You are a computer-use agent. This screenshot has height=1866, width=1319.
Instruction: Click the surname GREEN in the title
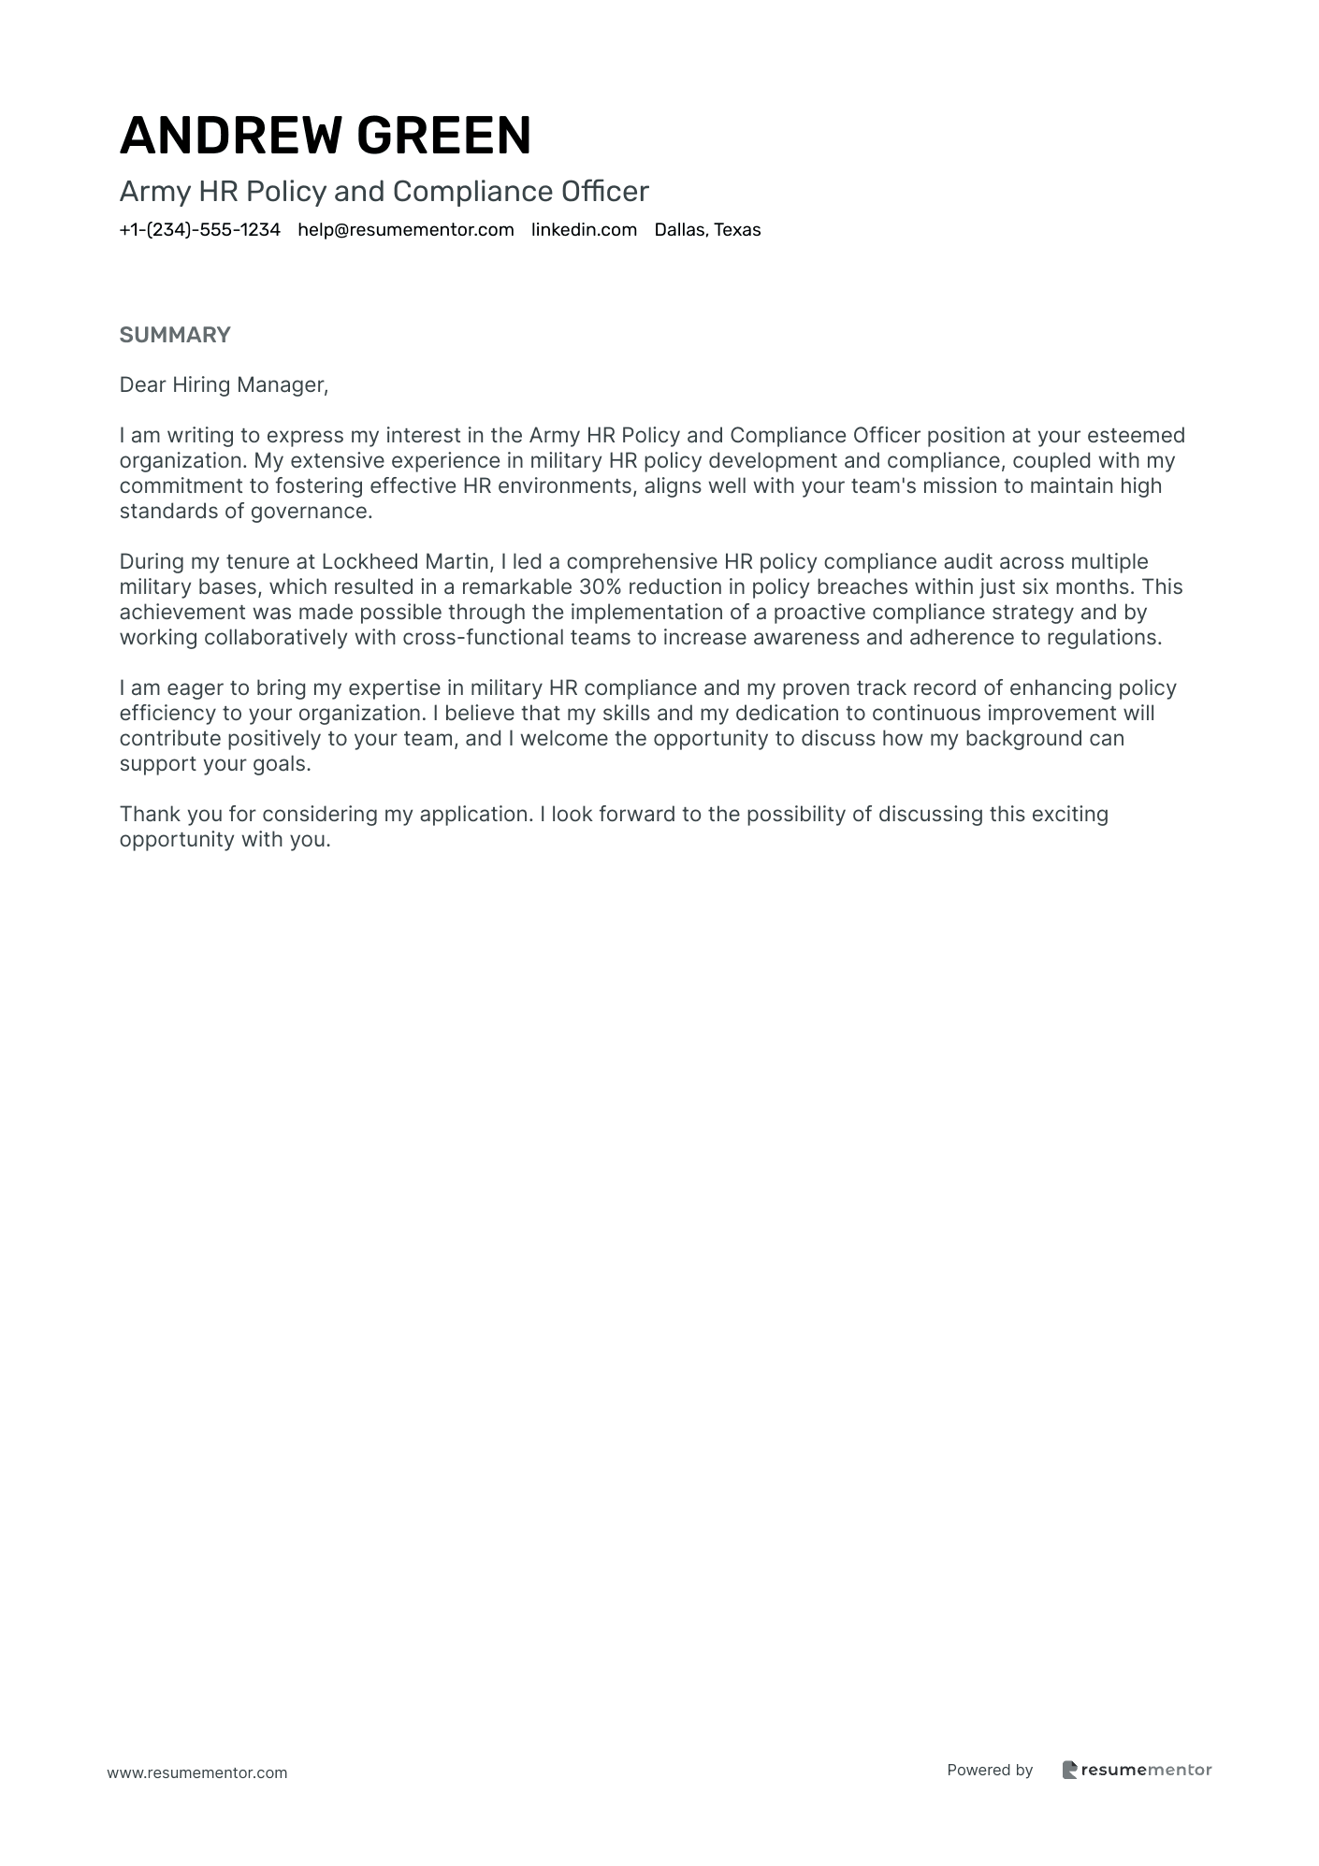443,135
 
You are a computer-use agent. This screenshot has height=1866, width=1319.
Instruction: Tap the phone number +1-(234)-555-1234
200,230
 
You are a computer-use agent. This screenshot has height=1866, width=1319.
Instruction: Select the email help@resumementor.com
406,230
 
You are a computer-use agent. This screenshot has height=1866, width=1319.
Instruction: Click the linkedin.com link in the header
584,230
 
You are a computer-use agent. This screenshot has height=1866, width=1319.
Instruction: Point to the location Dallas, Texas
707,230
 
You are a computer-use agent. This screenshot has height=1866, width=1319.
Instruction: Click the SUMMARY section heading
175,335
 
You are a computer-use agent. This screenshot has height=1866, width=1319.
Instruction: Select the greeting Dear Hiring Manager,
225,385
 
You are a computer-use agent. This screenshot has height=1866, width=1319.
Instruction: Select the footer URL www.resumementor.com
197,1773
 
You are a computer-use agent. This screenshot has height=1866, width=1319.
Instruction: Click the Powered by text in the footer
990,1770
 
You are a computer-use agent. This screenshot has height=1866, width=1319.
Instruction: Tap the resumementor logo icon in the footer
1070,1770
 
